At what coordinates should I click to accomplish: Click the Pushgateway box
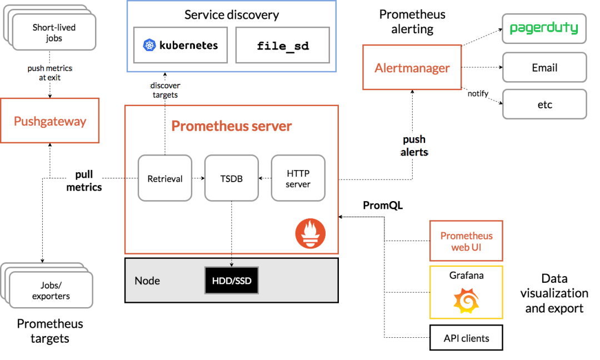click(50, 121)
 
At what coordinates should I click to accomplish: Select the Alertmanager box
click(412, 68)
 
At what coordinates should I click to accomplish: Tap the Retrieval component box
click(165, 178)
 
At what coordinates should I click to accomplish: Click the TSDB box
click(232, 178)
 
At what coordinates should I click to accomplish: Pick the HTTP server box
click(298, 178)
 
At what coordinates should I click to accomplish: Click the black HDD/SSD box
click(232, 281)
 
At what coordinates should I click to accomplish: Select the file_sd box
click(283, 46)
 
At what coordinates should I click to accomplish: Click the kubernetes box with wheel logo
click(181, 46)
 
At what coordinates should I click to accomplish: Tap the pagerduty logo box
click(544, 28)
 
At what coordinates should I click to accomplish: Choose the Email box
click(544, 68)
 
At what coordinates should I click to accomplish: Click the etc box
click(544, 104)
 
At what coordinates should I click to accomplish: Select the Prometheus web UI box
click(466, 241)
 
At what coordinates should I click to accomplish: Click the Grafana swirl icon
click(466, 301)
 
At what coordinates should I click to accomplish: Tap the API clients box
click(466, 338)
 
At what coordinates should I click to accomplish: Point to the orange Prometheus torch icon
click(310, 233)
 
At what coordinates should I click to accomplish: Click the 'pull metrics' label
click(84, 181)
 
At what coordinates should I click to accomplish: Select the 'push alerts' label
click(414, 146)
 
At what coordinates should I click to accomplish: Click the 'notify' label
click(478, 93)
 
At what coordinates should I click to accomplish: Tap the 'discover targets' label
click(165, 90)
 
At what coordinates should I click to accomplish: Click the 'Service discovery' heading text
click(232, 14)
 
